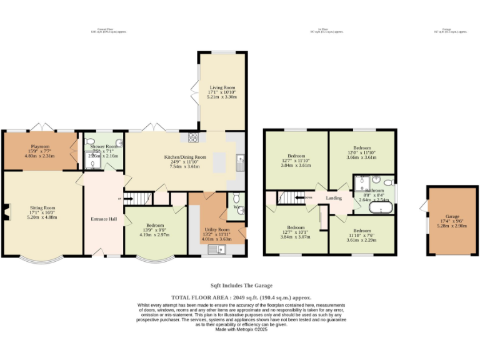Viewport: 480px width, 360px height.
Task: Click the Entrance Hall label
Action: pyautogui.click(x=104, y=219)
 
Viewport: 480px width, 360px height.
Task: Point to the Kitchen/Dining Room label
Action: pyautogui.click(x=184, y=157)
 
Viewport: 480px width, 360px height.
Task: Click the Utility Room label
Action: pyautogui.click(x=216, y=229)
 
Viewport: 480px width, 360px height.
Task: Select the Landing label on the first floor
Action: pyautogui.click(x=334, y=198)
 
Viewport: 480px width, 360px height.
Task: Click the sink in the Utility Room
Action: pyautogui.click(x=216, y=249)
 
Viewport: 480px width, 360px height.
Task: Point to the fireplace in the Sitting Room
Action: pyautogui.click(x=5, y=212)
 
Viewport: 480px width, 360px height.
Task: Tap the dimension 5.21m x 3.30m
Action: pyautogui.click(x=222, y=97)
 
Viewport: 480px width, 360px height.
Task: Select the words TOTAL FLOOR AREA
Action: pyautogui.click(x=199, y=298)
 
